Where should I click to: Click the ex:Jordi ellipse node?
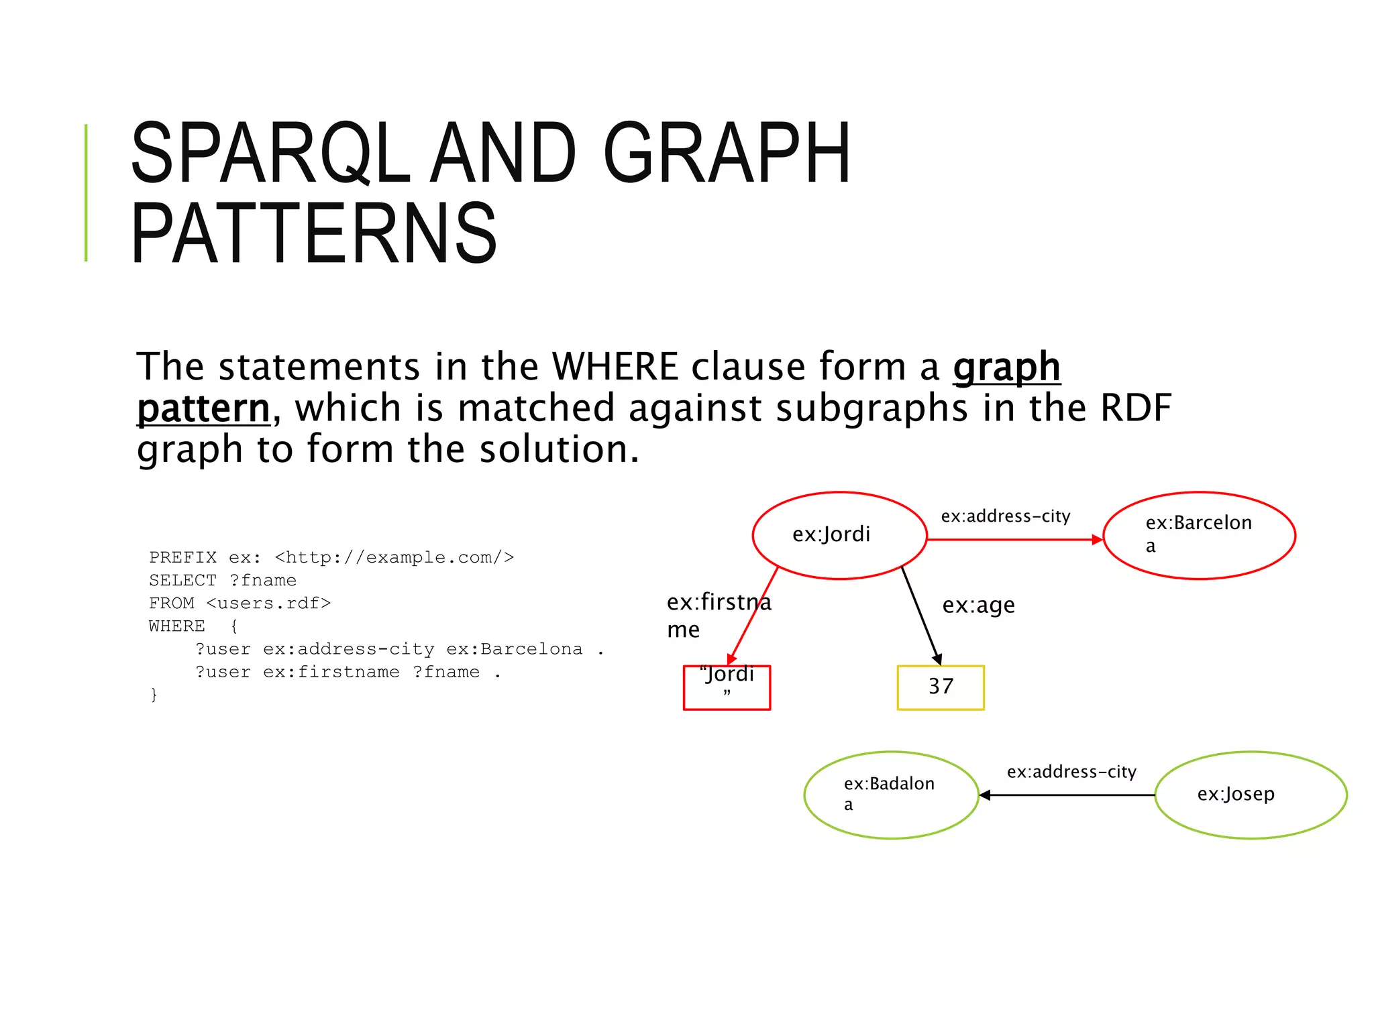tap(839, 535)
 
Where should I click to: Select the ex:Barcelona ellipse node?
tap(1198, 535)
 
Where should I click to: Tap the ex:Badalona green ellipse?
tap(890, 795)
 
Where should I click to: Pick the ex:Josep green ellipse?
tap(1250, 795)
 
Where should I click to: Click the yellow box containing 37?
tap(940, 687)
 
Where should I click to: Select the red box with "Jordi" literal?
tap(727, 687)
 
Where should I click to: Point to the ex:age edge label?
tap(977, 605)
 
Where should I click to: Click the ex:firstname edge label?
tap(718, 615)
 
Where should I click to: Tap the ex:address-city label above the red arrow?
tap(1005, 516)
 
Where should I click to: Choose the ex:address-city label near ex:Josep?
tap(1071, 772)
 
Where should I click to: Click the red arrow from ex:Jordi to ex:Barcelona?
tap(1013, 539)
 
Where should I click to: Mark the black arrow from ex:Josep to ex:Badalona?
tap(1067, 795)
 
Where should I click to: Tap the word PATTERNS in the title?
tap(314, 233)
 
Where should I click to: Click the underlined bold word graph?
tap(1006, 367)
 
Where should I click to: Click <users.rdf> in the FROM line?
tap(268, 603)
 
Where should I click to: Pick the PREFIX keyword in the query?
tap(182, 557)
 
